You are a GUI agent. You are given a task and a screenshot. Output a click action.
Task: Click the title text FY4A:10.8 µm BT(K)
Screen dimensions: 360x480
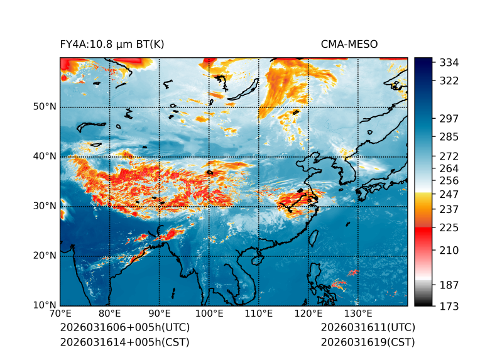pos(112,44)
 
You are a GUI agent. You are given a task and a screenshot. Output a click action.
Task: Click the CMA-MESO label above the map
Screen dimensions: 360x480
pos(349,44)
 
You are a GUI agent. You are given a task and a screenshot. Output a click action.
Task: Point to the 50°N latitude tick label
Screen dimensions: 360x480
pos(45,107)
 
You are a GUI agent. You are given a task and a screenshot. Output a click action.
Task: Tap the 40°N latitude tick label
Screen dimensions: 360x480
pos(45,156)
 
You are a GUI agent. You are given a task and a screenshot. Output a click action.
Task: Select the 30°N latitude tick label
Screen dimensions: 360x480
pos(45,206)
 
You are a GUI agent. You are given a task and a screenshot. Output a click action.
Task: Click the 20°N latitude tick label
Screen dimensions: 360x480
pos(45,256)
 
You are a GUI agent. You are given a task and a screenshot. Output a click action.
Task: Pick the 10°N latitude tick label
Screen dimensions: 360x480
pos(45,305)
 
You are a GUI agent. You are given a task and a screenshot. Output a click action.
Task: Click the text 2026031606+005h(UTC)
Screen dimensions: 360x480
pos(124,328)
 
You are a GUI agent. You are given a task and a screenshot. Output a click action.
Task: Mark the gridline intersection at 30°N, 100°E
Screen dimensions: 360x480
pos(209,206)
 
